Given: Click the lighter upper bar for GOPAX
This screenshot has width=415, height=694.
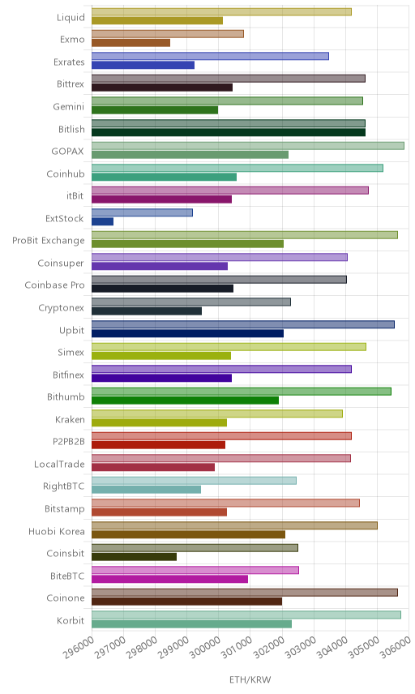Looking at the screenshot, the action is coord(248,146).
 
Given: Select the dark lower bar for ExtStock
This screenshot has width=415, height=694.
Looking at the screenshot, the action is coord(103,221).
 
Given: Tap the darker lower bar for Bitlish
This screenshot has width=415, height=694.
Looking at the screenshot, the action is coord(229,132).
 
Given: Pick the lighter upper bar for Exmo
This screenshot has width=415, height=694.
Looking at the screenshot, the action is coord(168,34).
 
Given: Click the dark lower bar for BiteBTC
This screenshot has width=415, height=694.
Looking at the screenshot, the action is coord(170,579).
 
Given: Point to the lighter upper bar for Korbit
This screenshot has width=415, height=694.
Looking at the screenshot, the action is coord(246,615).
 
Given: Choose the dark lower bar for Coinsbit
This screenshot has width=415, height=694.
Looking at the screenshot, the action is coord(134,557).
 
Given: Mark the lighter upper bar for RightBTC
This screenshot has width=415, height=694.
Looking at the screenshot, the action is coord(195,481).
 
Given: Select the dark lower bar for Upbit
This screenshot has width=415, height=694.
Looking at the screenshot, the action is coord(187,333).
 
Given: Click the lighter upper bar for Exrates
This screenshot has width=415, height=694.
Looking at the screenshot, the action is coord(210,56).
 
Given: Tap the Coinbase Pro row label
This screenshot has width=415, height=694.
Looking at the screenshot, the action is coord(54,285).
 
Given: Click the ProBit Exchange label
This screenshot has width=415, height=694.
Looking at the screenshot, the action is coord(48,240).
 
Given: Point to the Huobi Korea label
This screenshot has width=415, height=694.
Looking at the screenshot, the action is coord(57,531).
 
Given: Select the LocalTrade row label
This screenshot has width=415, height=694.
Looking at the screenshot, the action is coord(59,464).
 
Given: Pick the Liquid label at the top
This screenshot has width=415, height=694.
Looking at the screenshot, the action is coord(71,17).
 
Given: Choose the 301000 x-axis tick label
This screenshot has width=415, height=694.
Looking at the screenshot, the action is coord(237,647).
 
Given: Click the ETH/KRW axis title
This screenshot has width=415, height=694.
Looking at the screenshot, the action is coord(250,680).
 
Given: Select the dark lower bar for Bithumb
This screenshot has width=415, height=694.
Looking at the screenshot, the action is coord(186,401).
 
